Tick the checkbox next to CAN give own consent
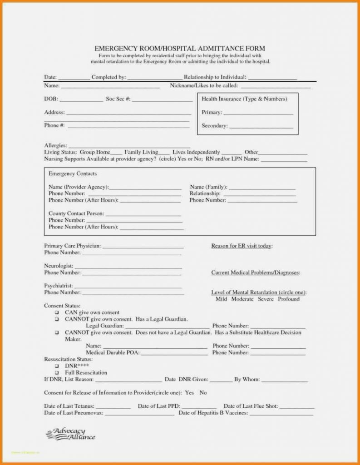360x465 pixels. click(57, 313)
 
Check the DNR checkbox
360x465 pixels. click(57, 366)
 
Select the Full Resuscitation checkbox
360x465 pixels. click(57, 373)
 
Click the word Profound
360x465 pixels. click(289, 299)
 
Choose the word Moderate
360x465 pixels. click(242, 299)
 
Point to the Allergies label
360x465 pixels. click(55, 145)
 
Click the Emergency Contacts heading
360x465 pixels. click(73, 174)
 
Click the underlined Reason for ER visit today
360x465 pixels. click(242, 246)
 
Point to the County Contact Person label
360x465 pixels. click(76, 213)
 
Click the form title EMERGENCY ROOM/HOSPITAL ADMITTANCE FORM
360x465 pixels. click(180, 49)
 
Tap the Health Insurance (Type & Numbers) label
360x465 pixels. click(244, 99)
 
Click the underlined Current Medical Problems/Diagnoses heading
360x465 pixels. click(255, 273)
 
